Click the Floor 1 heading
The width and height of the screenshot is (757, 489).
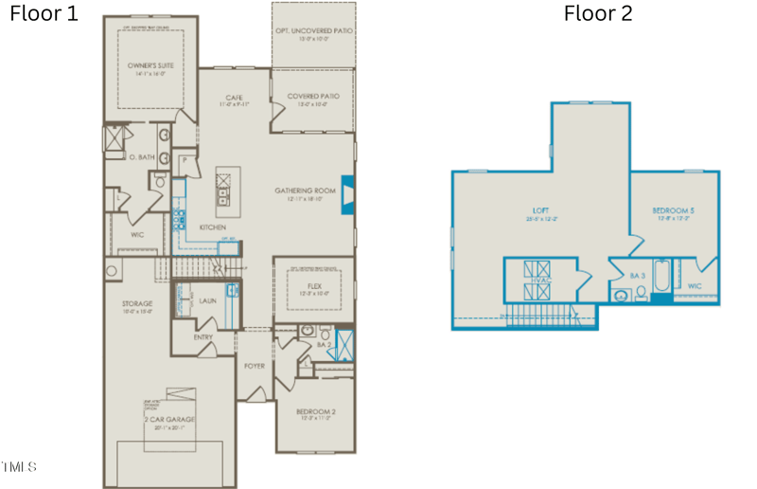pyautogui.click(x=43, y=13)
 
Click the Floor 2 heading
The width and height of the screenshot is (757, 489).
pyautogui.click(x=597, y=13)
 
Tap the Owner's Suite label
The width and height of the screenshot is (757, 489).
pyautogui.click(x=147, y=66)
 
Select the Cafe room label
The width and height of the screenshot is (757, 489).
pyautogui.click(x=235, y=99)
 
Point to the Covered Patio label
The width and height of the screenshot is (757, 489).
pyautogui.click(x=312, y=97)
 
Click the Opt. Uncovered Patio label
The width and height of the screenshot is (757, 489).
pyautogui.click(x=313, y=34)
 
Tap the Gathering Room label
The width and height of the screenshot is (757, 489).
pyautogui.click(x=306, y=190)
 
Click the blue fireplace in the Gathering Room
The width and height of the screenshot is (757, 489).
pyautogui.click(x=347, y=192)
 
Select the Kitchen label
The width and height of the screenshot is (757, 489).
pyautogui.click(x=211, y=227)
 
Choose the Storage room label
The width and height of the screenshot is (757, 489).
pyautogui.click(x=136, y=304)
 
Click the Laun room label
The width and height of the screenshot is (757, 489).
pyautogui.click(x=207, y=300)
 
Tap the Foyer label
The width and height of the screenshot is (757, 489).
pyautogui.click(x=254, y=365)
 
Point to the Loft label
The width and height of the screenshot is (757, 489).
pyautogui.click(x=540, y=211)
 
